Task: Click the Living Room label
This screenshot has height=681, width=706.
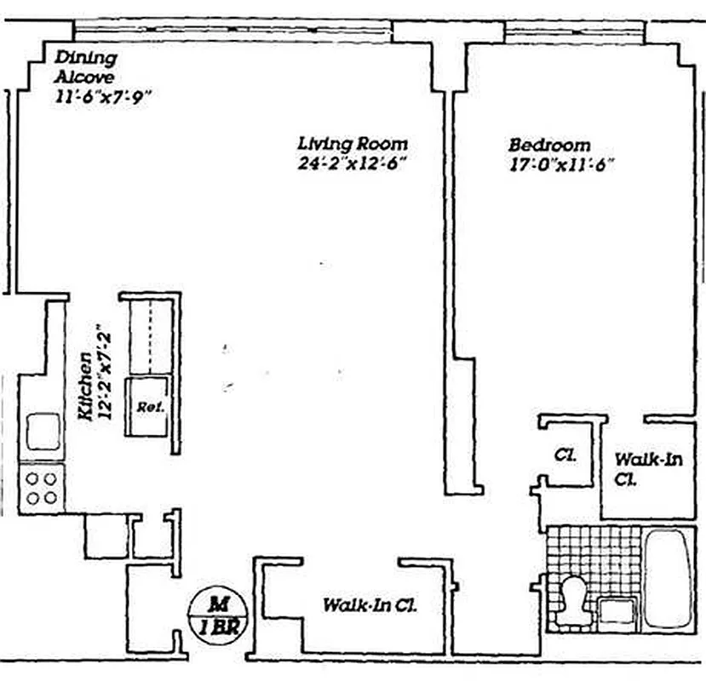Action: pyautogui.click(x=352, y=144)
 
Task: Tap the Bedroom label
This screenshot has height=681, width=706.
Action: pyautogui.click(x=549, y=144)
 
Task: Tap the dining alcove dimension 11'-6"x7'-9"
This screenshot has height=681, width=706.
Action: pyautogui.click(x=100, y=96)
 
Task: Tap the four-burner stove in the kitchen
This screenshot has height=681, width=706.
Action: pyautogui.click(x=41, y=489)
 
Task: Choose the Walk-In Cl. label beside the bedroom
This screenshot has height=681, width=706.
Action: pyautogui.click(x=648, y=469)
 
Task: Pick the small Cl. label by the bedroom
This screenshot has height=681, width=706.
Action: pyautogui.click(x=565, y=455)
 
